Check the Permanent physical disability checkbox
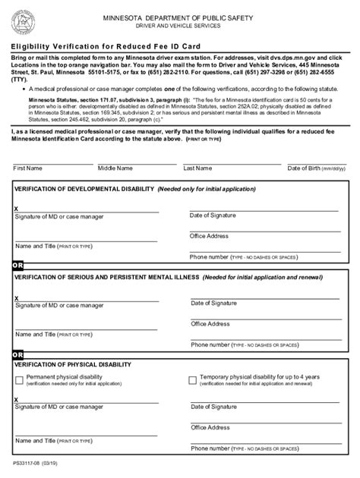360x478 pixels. tap(19, 380)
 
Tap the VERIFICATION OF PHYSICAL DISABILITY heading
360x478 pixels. tap(67, 365)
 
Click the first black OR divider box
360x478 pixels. tap(17, 266)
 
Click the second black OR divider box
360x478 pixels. tap(17, 354)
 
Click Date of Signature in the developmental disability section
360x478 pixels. tap(213, 215)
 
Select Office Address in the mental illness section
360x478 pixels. tap(210, 324)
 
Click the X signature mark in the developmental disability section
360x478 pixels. tap(17, 209)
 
